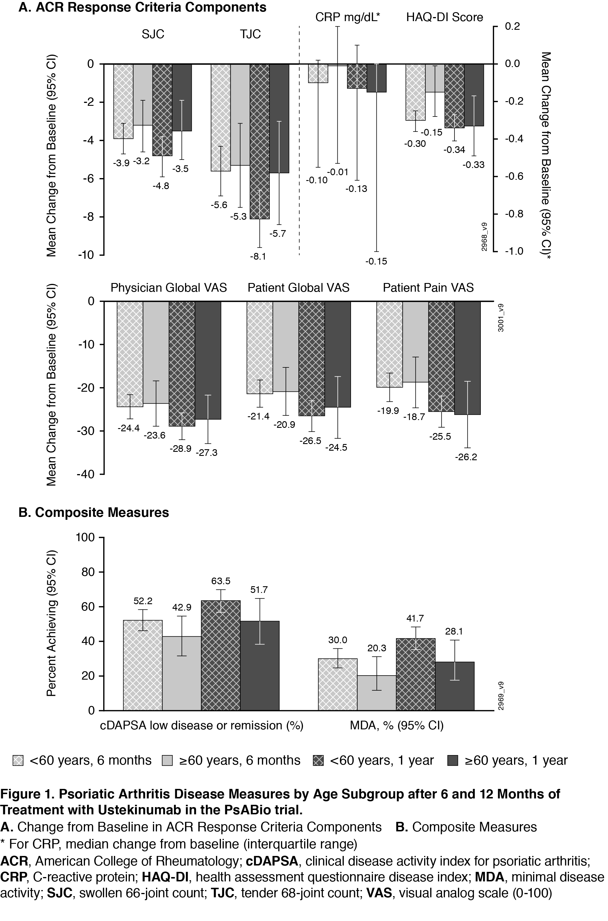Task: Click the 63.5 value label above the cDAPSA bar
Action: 221,581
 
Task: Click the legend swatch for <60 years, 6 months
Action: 18,761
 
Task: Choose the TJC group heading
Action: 250,34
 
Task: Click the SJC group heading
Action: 153,34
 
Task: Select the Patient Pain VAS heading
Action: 428,288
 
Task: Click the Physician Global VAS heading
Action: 169,288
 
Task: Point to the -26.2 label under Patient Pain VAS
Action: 466,457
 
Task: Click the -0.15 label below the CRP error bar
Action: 376,261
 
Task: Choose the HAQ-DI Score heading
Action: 444,17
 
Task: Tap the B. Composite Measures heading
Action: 94,513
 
